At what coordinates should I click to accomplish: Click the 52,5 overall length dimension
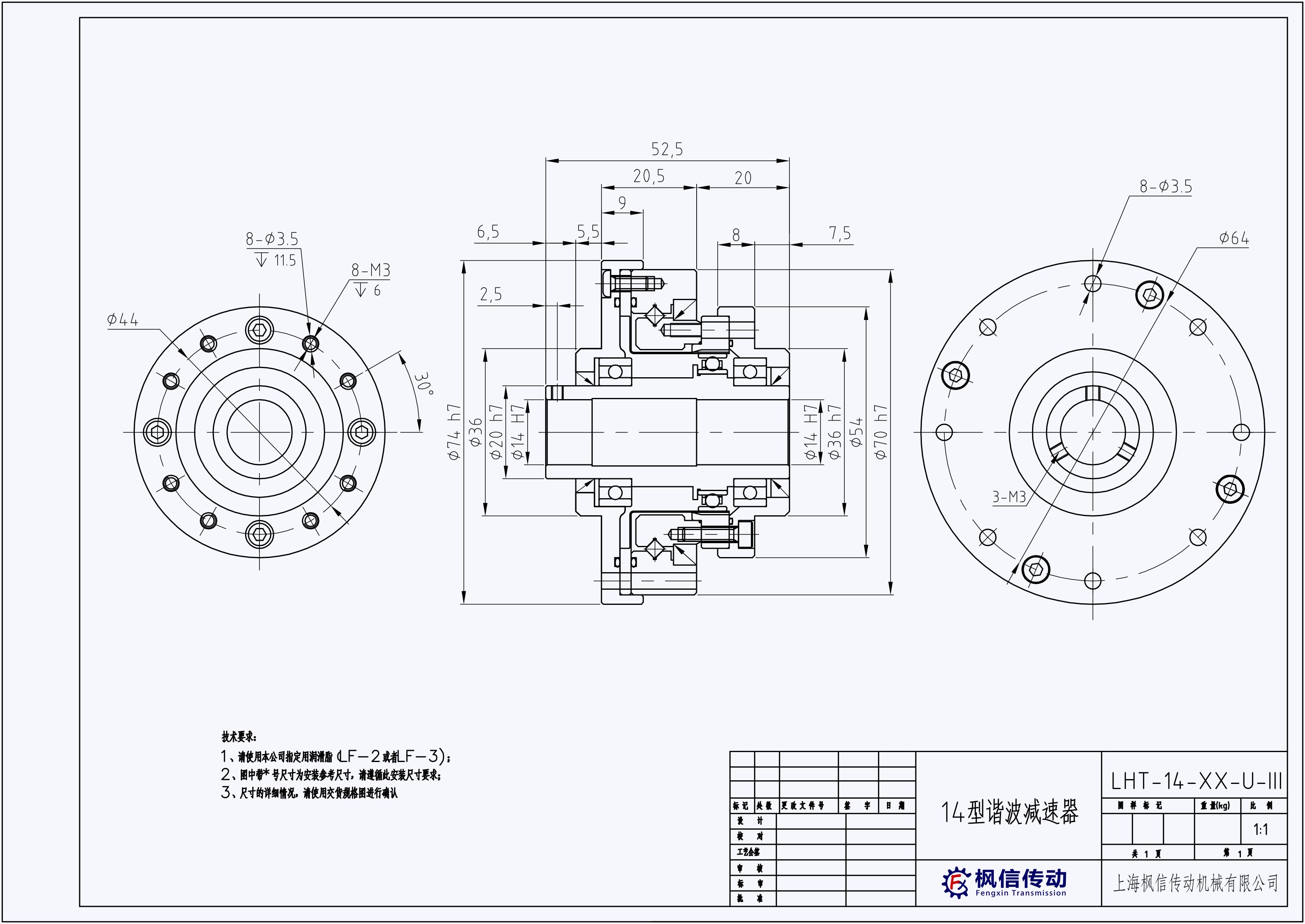point(667,150)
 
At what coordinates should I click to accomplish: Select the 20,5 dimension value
point(649,176)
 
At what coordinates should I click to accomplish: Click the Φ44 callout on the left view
point(122,320)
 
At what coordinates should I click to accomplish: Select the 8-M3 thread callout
point(371,270)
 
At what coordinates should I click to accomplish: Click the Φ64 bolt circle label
point(1234,238)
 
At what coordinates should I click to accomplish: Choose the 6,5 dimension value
point(487,232)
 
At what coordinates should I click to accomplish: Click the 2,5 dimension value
point(491,295)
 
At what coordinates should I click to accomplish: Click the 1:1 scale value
point(1260,830)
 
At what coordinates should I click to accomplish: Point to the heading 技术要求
point(239,737)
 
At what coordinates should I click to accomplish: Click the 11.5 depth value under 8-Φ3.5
point(285,261)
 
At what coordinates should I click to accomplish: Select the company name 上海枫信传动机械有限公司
point(1195,883)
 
